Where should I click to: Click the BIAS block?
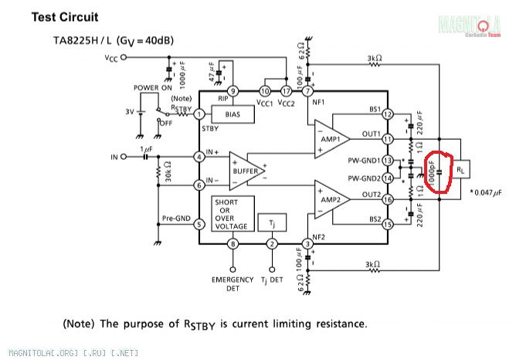point(233,114)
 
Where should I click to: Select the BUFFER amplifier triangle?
point(243,168)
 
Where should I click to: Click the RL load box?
point(460,168)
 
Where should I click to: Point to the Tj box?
point(271,222)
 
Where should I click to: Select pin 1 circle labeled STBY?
point(199,114)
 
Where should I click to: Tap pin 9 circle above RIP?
point(232,90)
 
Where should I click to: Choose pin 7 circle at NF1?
point(307,90)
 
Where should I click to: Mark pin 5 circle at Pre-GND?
point(199,225)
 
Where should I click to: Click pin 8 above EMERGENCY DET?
point(232,245)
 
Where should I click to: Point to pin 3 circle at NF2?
point(307,245)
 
